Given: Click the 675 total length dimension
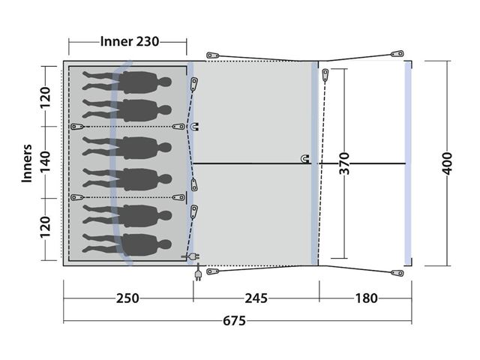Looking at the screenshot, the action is click(x=234, y=321).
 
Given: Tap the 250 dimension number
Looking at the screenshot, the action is click(x=127, y=298).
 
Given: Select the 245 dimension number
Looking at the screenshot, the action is click(x=256, y=298).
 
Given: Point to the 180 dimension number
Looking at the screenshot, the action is click(x=366, y=298).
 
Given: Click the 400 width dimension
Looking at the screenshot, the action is click(x=447, y=163).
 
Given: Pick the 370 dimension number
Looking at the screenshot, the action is click(x=344, y=163).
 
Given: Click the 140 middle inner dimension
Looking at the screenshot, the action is click(x=45, y=162).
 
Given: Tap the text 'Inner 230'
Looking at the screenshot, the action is click(x=130, y=41).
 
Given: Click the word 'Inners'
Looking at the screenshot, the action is click(x=27, y=163).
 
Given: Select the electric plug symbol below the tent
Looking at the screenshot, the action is click(x=198, y=272).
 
